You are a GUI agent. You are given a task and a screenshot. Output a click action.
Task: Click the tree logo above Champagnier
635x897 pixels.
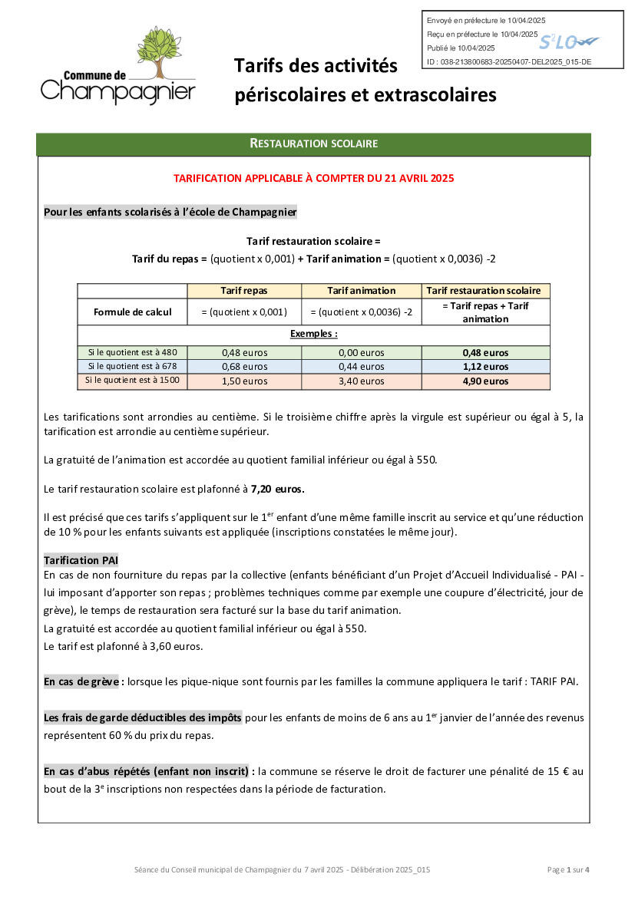[160, 54]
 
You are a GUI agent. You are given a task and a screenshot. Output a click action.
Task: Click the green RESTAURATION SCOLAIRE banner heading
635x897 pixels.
[313, 143]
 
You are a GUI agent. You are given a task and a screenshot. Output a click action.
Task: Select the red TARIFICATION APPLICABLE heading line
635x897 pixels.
[313, 178]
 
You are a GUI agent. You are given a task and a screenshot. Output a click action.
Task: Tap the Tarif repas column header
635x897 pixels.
[244, 291]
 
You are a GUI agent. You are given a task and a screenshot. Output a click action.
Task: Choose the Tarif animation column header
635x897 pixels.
[361, 291]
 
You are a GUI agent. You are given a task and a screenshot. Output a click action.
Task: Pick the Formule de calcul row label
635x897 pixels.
[132, 312]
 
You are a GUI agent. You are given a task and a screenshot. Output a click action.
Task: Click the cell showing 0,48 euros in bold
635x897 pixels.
[485, 353]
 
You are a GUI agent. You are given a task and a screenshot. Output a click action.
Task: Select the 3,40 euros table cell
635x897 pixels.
[361, 381]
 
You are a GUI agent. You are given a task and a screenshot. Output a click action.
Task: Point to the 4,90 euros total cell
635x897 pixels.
[485, 381]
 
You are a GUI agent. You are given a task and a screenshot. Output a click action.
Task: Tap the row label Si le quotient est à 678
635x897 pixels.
[133, 366]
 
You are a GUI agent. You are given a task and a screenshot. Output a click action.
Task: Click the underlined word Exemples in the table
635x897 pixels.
[313, 334]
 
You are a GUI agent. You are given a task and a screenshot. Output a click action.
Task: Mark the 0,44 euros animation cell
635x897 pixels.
[361, 367]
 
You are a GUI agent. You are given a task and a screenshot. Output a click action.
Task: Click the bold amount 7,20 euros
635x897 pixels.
[278, 488]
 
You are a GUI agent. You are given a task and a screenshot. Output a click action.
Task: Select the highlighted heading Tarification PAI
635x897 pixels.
[81, 560]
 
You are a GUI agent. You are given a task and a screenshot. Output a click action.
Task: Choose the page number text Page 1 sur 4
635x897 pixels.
[568, 869]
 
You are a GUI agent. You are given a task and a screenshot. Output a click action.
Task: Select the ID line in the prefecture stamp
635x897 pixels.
[508, 62]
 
